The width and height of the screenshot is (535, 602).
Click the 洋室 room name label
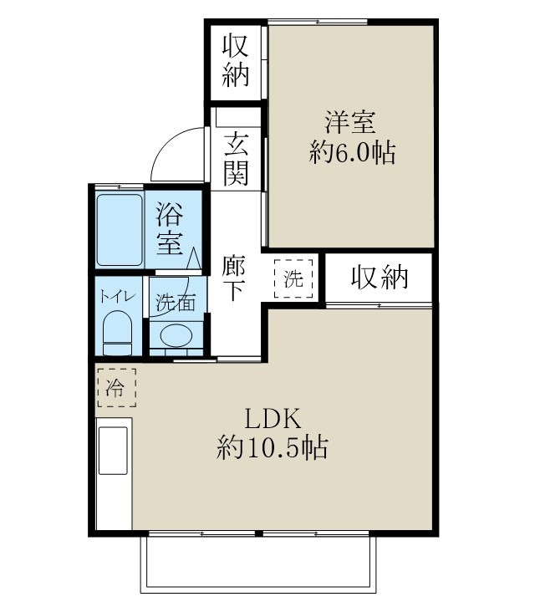(351, 122)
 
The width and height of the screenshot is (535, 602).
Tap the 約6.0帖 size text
(351, 154)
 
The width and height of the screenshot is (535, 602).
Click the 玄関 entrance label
(236, 158)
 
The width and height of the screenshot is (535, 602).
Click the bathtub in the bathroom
(119, 229)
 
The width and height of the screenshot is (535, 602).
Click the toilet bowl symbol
(117, 333)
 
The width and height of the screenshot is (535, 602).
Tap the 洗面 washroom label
(175, 303)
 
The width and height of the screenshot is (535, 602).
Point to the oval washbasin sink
(176, 336)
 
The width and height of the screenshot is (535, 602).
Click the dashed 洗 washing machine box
(293, 279)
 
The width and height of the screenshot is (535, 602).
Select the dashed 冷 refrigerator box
(115, 388)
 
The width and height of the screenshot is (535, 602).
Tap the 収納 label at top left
(236, 62)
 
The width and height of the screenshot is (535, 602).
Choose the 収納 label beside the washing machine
(380, 278)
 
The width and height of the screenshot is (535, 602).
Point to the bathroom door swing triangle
(192, 258)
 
